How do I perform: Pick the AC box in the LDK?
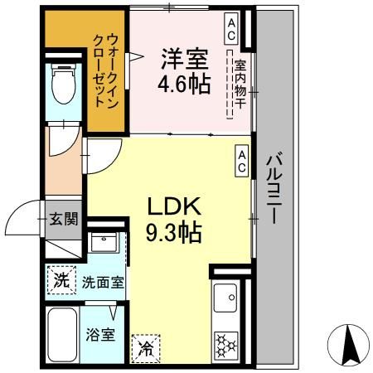pyautogui.click(x=242, y=161)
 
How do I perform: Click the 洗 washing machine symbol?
pyautogui.click(x=61, y=280)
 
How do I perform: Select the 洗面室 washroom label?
pyautogui.click(x=102, y=281)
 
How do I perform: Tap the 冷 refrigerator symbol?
pyautogui.click(x=147, y=346)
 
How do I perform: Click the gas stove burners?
pyautogui.click(x=225, y=343)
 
